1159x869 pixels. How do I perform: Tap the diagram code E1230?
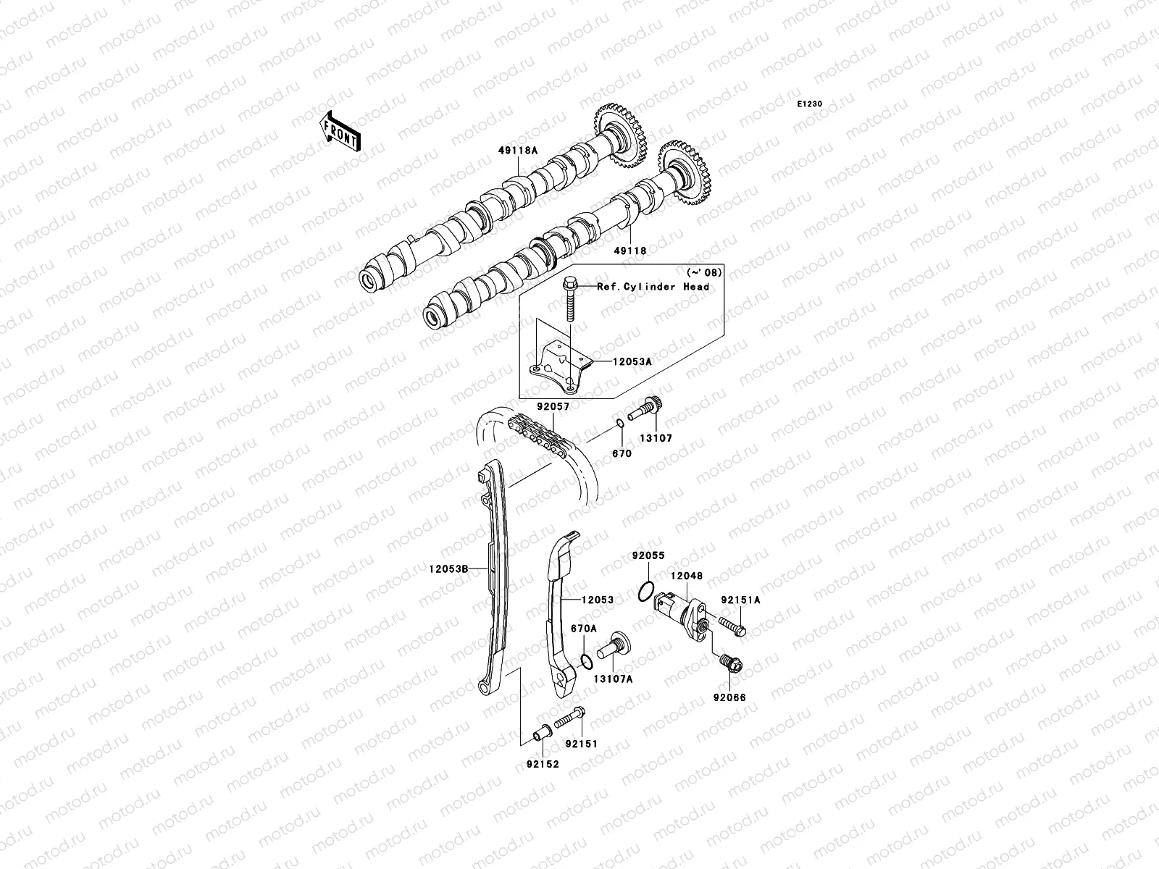[810, 104]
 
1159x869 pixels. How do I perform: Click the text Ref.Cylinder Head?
[653, 287]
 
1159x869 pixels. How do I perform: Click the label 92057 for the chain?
[553, 407]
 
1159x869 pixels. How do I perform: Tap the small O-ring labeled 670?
[620, 423]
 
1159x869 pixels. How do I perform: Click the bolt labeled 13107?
[643, 411]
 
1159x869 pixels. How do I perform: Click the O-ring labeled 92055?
[648, 591]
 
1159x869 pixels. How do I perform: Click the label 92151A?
[740, 600]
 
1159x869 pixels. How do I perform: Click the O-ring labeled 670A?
[587, 661]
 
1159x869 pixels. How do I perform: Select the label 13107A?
[613, 679]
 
